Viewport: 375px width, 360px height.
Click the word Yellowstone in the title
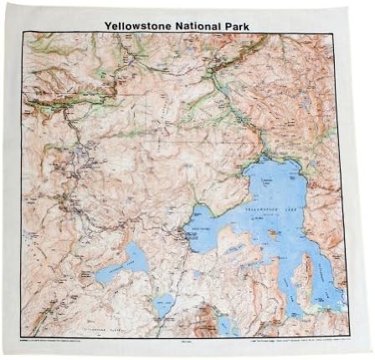coord(139,24)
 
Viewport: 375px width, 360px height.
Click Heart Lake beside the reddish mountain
coord(224,322)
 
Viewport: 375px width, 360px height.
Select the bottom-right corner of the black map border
coord(349,337)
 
